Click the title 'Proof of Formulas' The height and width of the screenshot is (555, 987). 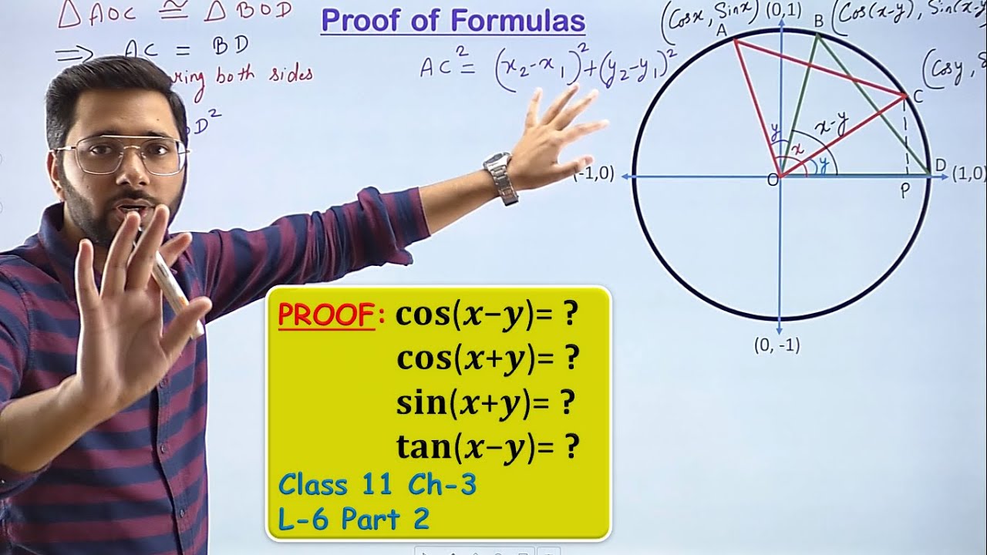(453, 21)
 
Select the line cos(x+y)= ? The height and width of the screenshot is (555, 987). (487, 358)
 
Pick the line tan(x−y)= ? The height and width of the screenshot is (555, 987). (487, 446)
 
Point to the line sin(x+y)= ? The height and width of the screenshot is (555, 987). (487, 402)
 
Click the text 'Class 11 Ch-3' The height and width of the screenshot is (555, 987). (377, 485)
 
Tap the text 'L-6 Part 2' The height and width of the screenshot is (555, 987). (353, 519)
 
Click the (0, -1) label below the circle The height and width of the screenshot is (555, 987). (776, 346)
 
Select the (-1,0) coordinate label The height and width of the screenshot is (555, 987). (594, 174)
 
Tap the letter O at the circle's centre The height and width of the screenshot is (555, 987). (771, 180)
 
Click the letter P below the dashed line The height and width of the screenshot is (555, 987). (905, 193)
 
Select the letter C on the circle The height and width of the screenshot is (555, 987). (918, 96)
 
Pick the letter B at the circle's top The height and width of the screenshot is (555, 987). (819, 21)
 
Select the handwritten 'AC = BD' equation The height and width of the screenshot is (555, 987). (186, 47)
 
